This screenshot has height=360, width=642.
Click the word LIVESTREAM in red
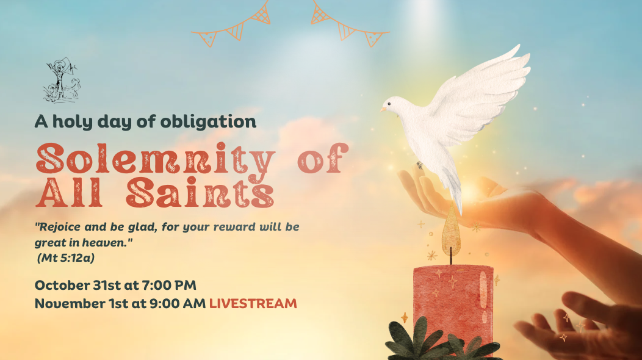pyautogui.click(x=253, y=303)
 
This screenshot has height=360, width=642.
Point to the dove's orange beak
pyautogui.click(x=384, y=110)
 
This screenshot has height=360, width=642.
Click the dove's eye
pyautogui.click(x=391, y=104)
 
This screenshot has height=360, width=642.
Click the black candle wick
pyautogui.click(x=452, y=256)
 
